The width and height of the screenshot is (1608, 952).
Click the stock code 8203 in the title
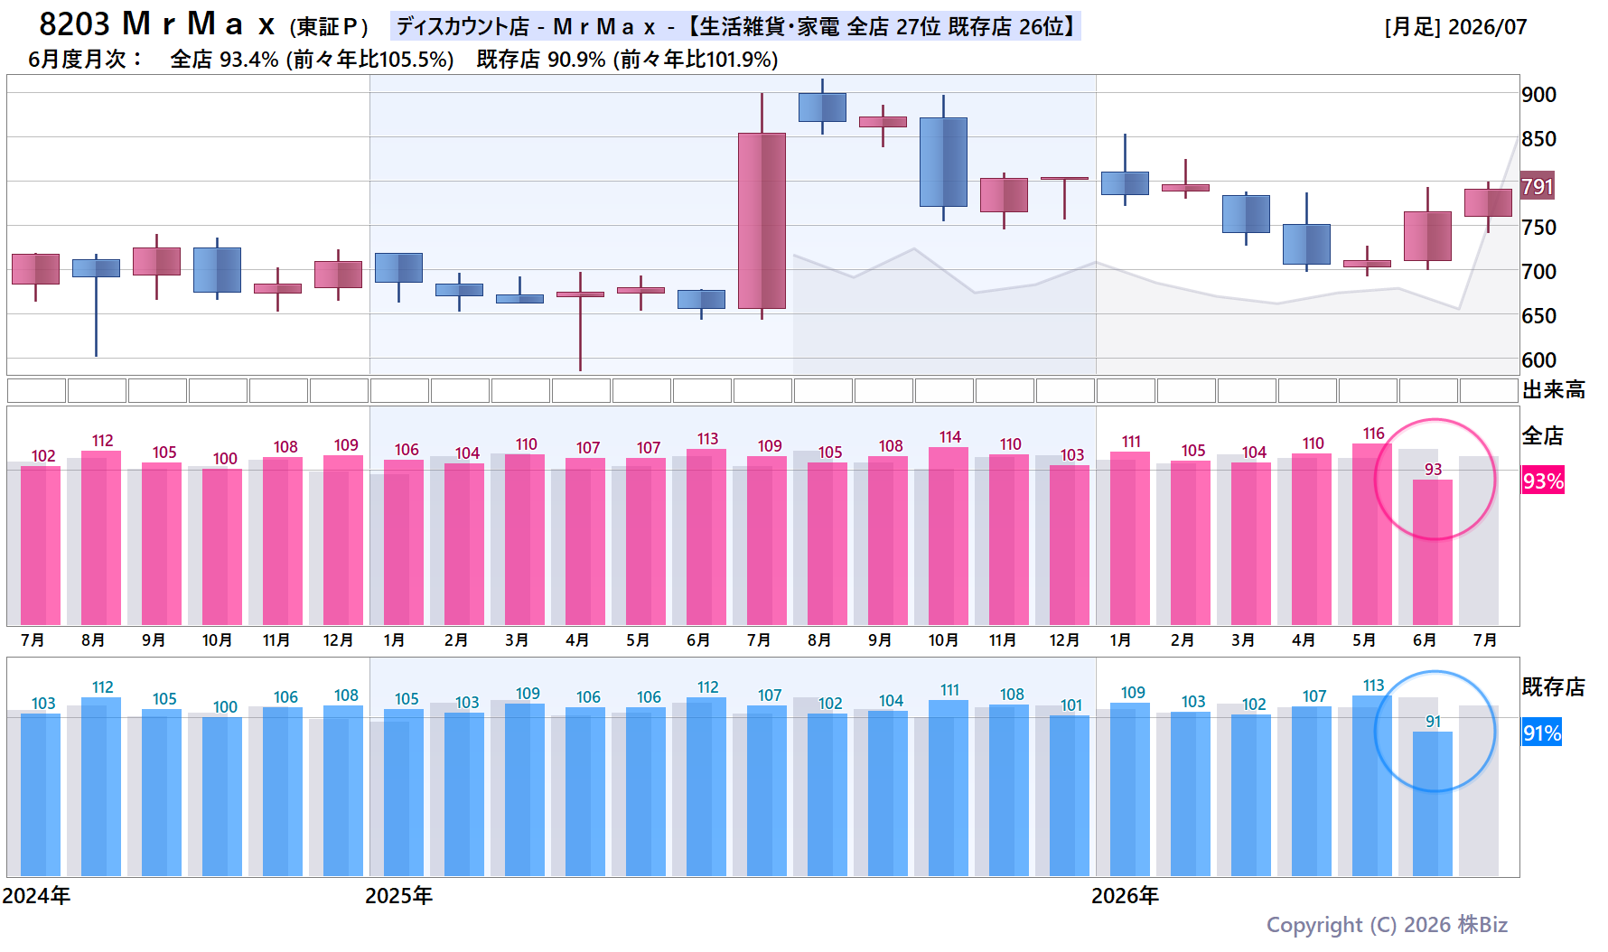(74, 23)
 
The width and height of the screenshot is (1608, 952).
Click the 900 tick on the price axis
(1538, 95)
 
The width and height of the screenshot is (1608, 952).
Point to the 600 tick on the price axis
(1538, 360)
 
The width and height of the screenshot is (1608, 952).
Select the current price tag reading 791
(1538, 187)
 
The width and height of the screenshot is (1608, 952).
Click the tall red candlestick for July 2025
(762, 220)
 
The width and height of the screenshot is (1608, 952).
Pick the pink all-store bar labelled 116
(1372, 534)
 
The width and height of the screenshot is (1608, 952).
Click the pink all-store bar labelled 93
(1433, 552)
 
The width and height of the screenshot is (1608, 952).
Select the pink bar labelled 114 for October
(949, 536)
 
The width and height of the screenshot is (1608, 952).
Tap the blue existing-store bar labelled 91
(1433, 803)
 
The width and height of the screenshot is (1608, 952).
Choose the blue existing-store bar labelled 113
(1372, 786)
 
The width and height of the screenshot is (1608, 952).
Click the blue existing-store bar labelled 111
(949, 788)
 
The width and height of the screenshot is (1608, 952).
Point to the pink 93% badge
(1543, 481)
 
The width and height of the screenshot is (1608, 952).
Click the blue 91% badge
(1543, 733)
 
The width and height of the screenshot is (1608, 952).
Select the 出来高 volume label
(1554, 390)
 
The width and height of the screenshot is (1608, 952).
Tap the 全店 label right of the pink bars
(1543, 436)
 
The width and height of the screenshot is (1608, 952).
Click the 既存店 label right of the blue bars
(1554, 687)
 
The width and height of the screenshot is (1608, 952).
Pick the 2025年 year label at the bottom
(399, 896)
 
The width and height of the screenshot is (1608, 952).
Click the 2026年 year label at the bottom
(1126, 896)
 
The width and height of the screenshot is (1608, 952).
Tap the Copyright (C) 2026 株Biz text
(1387, 925)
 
